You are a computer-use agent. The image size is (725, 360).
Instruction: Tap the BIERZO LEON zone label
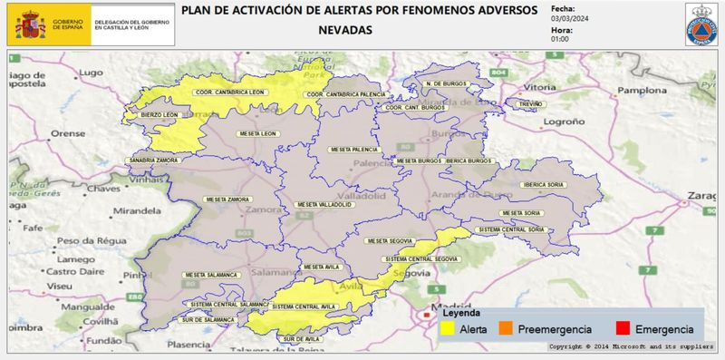point(159,115)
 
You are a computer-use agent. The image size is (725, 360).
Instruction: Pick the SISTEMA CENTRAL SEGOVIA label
point(420,258)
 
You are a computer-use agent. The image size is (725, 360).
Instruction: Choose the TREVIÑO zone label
point(530,105)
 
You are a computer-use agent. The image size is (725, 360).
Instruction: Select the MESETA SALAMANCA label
point(211,275)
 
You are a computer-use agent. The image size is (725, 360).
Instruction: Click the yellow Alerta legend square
point(449,328)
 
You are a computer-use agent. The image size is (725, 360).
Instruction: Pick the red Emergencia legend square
point(623,328)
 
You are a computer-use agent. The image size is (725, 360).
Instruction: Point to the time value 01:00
point(561,39)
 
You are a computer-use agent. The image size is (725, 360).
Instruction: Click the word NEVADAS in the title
point(345,30)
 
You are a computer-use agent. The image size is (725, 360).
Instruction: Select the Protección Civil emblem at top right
point(702,24)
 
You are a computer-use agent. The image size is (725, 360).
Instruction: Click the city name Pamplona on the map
point(643,92)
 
